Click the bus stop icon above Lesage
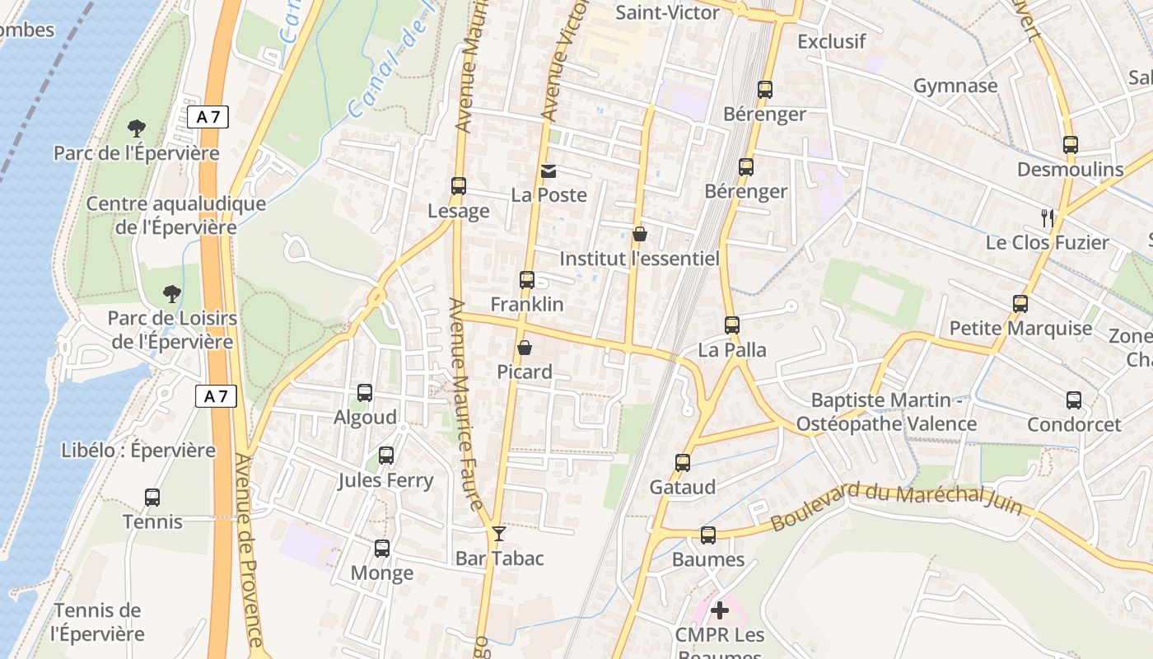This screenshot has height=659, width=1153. (459, 186)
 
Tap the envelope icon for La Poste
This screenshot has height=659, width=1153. (548, 171)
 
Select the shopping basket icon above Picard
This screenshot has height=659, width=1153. (524, 348)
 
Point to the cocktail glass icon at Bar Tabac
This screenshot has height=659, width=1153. (498, 534)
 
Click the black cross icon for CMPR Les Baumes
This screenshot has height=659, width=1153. (720, 610)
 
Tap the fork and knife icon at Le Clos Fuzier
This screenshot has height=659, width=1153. (1048, 218)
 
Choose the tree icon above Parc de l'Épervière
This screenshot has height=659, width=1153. (137, 129)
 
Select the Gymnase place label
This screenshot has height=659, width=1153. (955, 86)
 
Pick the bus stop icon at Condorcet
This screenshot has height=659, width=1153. (1074, 400)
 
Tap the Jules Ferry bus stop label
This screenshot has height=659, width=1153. (385, 480)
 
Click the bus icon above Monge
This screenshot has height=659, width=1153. (382, 548)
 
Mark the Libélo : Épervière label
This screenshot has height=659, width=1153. (138, 451)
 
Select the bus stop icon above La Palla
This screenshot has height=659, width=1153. (732, 325)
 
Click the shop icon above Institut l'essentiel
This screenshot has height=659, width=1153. (639, 235)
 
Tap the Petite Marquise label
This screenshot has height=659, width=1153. (1020, 329)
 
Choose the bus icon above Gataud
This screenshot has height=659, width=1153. (683, 463)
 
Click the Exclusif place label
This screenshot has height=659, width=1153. (832, 41)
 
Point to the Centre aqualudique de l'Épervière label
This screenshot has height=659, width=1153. (176, 216)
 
